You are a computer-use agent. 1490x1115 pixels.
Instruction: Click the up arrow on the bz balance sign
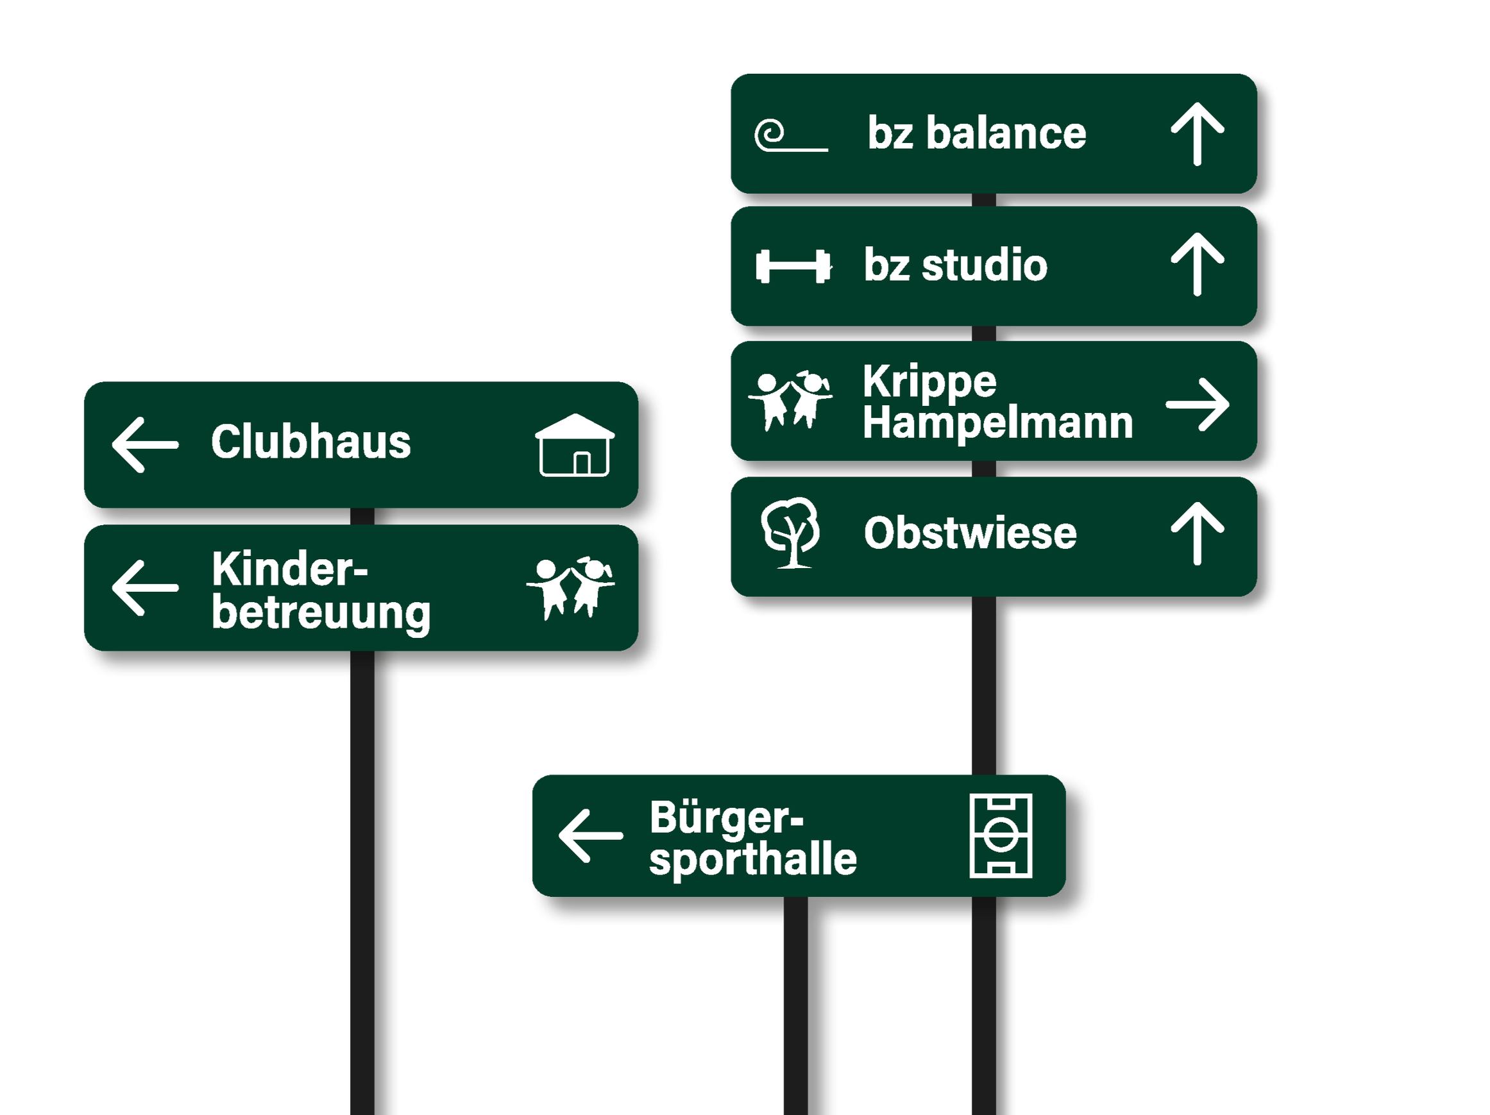pyautogui.click(x=1197, y=133)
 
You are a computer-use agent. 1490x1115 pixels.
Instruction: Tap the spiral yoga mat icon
pyautogui.click(x=790, y=135)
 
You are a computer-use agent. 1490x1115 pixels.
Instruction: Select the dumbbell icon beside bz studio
pyautogui.click(x=793, y=266)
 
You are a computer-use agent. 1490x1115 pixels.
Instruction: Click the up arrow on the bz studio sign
pyautogui.click(x=1197, y=265)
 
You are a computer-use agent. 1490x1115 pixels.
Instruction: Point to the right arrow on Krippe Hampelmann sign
pyautogui.click(x=1198, y=404)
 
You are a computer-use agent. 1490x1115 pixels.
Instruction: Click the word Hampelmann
pyautogui.click(x=997, y=424)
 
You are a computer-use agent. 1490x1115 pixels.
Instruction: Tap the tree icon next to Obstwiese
pyautogui.click(x=791, y=533)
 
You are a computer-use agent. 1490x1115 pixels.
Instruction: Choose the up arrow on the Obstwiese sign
pyautogui.click(x=1197, y=533)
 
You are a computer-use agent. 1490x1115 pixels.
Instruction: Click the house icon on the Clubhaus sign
pyautogui.click(x=575, y=445)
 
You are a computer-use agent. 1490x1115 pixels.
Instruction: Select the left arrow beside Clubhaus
pyautogui.click(x=145, y=444)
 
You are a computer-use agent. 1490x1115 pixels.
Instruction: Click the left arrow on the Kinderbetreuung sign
pyautogui.click(x=145, y=588)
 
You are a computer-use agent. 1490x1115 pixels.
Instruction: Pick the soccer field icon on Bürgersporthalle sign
pyautogui.click(x=1001, y=835)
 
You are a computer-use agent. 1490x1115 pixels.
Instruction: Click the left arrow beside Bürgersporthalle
pyautogui.click(x=591, y=835)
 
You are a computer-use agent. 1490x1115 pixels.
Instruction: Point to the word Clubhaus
pyautogui.click(x=310, y=442)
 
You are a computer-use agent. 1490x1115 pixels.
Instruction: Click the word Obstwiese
pyautogui.click(x=970, y=533)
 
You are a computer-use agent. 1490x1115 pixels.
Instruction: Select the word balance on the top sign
pyautogui.click(x=1006, y=133)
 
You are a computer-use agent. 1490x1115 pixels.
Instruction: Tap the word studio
pyautogui.click(x=984, y=265)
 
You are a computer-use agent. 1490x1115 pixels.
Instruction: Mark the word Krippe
pyautogui.click(x=929, y=381)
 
